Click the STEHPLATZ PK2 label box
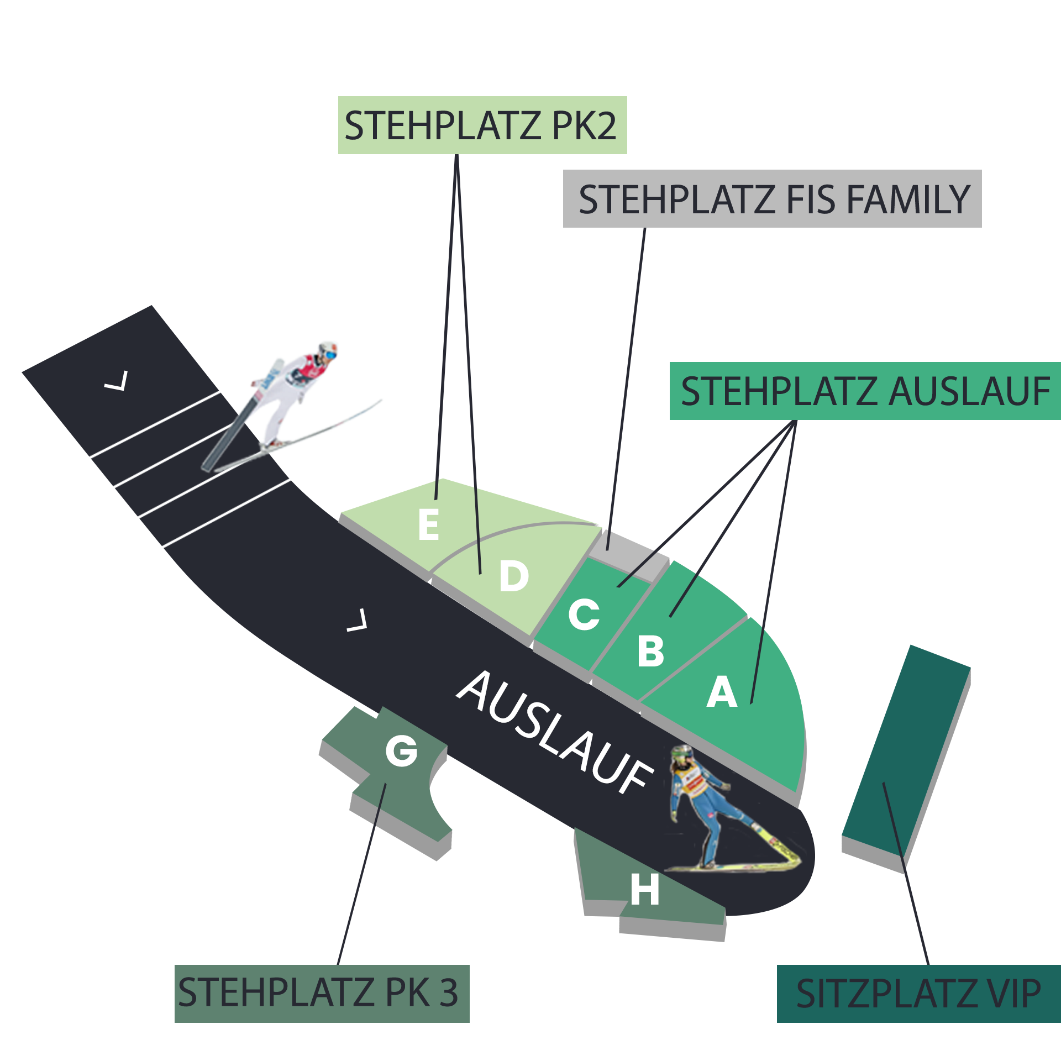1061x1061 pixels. pos(482,125)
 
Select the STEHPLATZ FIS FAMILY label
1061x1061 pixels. pos(772,198)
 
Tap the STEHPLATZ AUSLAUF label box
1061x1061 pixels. pos(865,391)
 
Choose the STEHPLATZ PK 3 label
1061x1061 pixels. pos(322,993)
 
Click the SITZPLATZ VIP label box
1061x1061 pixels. pos(918,993)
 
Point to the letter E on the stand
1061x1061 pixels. pos(429,525)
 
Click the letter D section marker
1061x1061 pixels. pos(514,576)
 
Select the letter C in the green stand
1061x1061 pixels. pos(584,614)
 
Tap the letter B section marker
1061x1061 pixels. pos(650,651)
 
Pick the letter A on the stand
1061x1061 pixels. pos(722,692)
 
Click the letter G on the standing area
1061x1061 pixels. pos(401,751)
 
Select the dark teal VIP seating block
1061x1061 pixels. pos(906,752)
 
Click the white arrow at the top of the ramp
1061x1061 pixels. pos(117,381)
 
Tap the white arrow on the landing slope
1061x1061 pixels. pos(358,621)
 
